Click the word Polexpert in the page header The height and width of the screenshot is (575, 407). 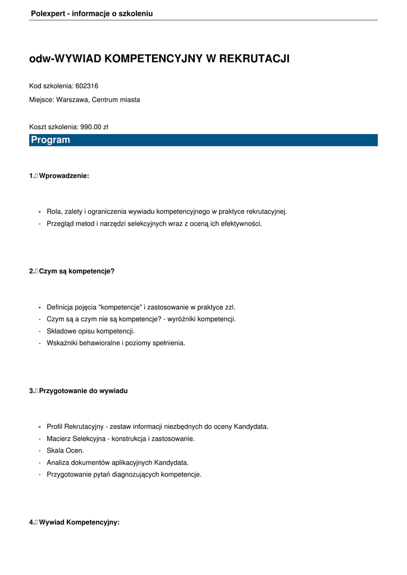(x=47, y=13)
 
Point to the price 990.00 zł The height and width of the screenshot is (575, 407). (x=94, y=127)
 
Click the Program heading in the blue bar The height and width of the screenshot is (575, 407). (x=51, y=140)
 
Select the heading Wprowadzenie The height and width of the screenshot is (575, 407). (x=64, y=176)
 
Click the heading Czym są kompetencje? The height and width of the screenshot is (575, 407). (x=76, y=271)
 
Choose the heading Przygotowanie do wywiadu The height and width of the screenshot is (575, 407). (x=83, y=391)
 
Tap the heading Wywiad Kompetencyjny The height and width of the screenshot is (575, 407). (x=79, y=522)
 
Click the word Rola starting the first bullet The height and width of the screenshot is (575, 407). (x=54, y=212)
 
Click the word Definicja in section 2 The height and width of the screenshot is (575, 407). (x=62, y=307)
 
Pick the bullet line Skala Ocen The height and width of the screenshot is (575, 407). (x=65, y=450)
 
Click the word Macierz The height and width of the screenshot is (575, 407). (x=60, y=439)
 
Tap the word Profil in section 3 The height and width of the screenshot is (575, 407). (x=54, y=426)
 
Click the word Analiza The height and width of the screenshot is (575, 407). (x=60, y=463)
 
